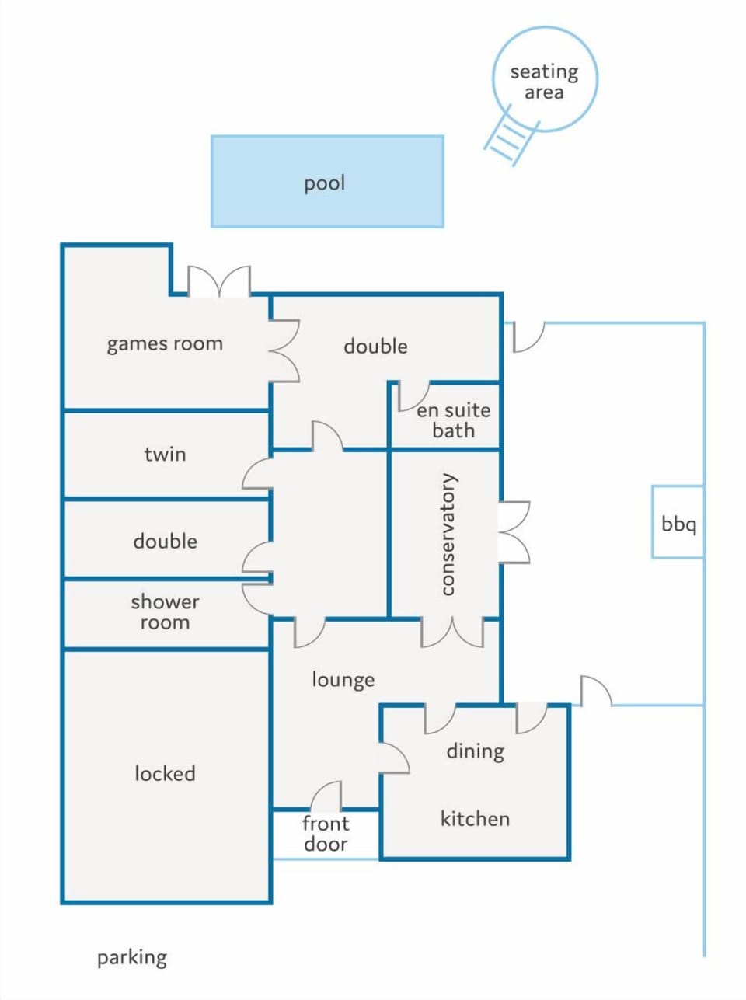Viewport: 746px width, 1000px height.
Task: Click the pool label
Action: point(324,183)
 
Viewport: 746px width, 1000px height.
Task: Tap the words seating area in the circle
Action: point(544,82)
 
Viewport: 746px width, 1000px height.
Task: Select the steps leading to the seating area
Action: point(511,135)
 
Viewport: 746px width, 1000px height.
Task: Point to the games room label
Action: point(165,344)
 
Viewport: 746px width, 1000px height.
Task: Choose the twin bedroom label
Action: point(165,455)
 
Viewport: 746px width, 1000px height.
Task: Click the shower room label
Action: point(165,611)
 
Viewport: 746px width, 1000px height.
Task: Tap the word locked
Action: point(165,773)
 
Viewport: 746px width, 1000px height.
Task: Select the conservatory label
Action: point(448,534)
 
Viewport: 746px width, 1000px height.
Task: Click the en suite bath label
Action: point(454,420)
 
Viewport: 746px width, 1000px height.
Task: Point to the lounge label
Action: point(343,680)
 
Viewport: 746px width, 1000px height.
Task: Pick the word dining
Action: point(475,751)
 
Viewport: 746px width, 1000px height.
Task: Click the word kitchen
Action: point(475,819)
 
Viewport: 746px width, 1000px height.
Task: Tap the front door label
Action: point(326,834)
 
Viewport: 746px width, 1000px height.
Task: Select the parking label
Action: point(132,958)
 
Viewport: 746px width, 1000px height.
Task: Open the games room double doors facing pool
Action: point(219,281)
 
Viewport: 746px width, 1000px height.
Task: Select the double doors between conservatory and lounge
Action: point(451,632)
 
